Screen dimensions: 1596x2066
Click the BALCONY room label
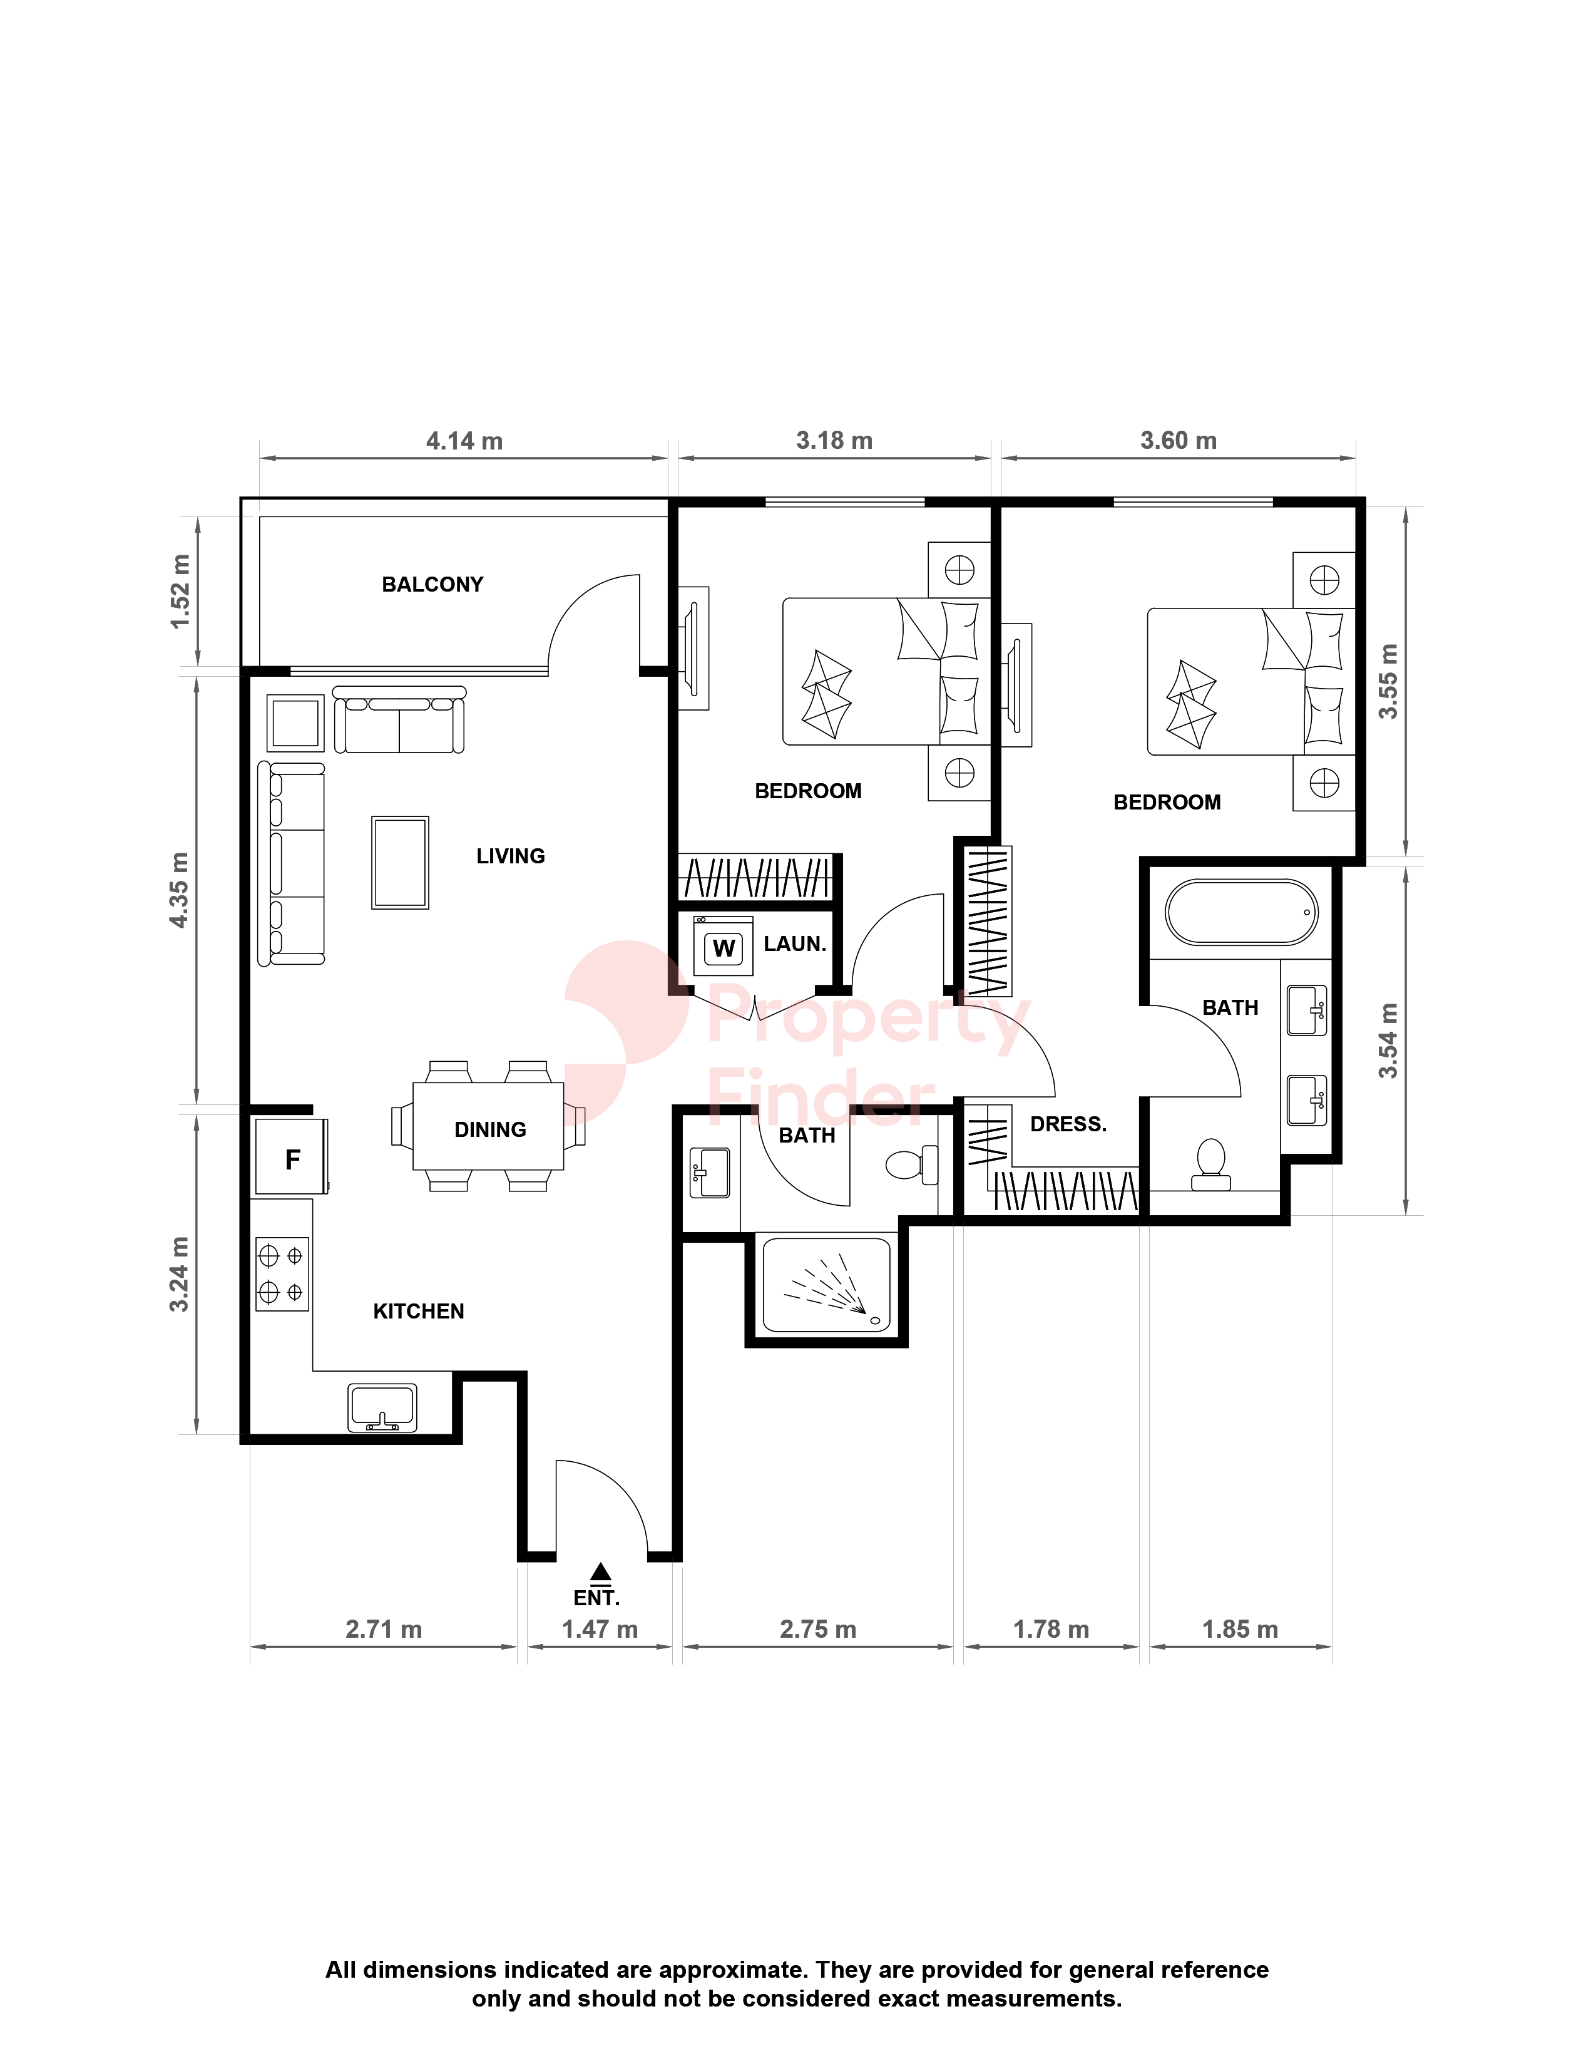point(432,585)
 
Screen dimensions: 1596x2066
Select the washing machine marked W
point(724,947)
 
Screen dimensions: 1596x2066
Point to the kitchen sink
point(382,1407)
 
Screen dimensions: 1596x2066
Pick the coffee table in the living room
point(400,863)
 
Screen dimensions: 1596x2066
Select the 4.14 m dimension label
point(464,441)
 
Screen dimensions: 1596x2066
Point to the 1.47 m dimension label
point(600,1629)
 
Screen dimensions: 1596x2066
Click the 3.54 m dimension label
point(1387,1041)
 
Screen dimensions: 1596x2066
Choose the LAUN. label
point(795,944)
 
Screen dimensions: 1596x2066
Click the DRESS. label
point(1068,1124)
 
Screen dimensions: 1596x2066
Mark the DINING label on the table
point(490,1129)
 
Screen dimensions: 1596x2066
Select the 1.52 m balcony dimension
point(180,591)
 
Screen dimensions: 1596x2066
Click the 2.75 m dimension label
point(818,1629)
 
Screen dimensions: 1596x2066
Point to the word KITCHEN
point(419,1311)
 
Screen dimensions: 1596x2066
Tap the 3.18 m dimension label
point(834,441)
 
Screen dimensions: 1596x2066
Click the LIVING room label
point(511,856)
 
